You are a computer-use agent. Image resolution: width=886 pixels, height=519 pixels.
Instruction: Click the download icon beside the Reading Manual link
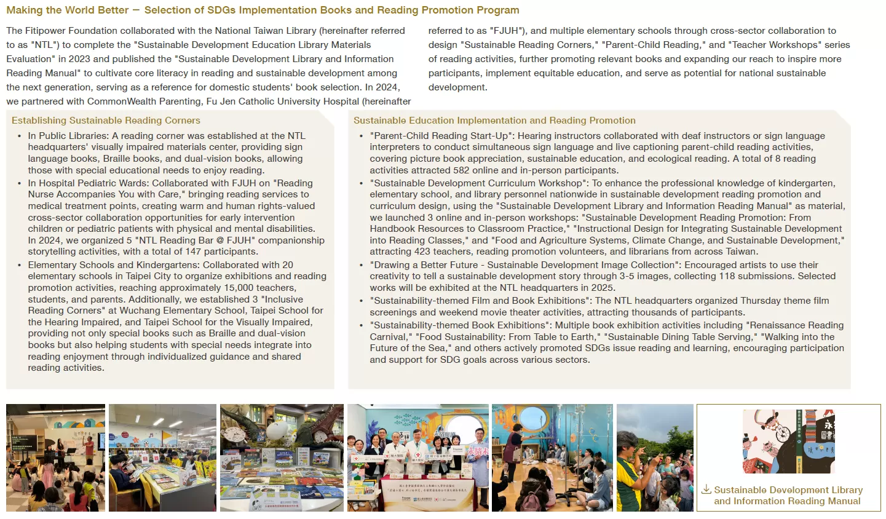pos(706,489)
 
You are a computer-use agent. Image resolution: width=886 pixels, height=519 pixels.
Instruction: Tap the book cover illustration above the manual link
pos(788,441)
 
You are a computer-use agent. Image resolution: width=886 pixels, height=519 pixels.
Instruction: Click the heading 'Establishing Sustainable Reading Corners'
pos(106,121)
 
